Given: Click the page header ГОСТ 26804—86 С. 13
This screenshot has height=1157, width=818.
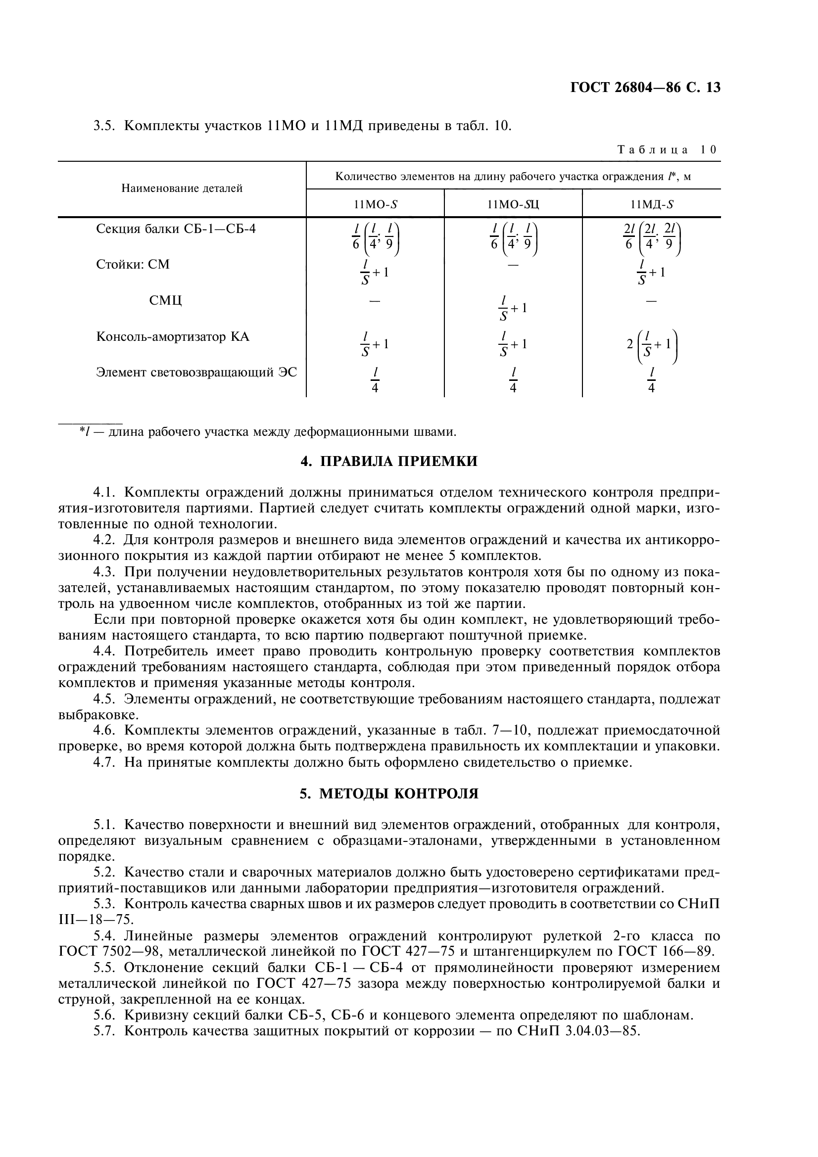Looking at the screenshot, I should pyautogui.click(x=645, y=88).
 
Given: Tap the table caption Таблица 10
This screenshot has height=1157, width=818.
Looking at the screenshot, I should pyautogui.click(x=666, y=150).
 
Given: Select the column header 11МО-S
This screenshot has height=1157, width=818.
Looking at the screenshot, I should pyautogui.click(x=375, y=204).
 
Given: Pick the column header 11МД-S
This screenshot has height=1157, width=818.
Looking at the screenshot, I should pyautogui.click(x=651, y=204).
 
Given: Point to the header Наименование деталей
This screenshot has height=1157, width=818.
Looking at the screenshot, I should pyautogui.click(x=182, y=188).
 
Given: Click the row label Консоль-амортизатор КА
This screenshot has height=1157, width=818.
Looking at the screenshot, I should pyautogui.click(x=173, y=337).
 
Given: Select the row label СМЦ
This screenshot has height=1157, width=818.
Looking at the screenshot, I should pyautogui.click(x=165, y=301).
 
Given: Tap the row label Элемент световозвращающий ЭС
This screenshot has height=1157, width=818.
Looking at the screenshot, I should pyautogui.click(x=196, y=372).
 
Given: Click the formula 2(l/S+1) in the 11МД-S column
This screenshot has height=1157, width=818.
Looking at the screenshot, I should pyautogui.click(x=652, y=345).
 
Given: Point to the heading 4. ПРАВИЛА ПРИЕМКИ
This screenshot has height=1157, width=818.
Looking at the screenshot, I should pyautogui.click(x=388, y=461).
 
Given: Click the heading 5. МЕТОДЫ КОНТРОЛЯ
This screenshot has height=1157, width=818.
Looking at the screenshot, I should pyautogui.click(x=388, y=793).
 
